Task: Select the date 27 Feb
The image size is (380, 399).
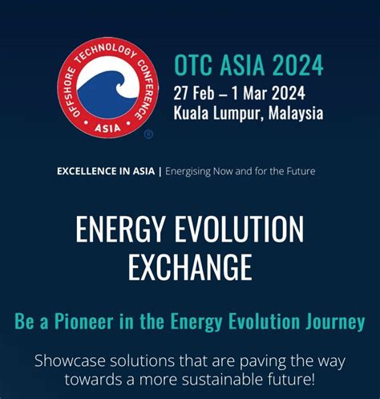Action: pos(194,93)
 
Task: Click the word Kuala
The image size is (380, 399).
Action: pos(191,112)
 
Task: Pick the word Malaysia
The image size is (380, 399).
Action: pos(296,113)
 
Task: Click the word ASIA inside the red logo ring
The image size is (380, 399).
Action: pos(107,128)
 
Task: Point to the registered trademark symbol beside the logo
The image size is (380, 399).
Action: pos(148,134)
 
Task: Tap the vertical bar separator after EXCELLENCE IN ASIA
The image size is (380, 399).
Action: pos(160,172)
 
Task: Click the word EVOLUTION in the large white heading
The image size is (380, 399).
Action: pos(239,229)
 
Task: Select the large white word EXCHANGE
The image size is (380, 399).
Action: pos(190,267)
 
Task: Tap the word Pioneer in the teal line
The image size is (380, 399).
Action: pos(83,321)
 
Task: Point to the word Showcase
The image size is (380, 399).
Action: pos(70,361)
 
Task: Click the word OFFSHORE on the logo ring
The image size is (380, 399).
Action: pos(70,92)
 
